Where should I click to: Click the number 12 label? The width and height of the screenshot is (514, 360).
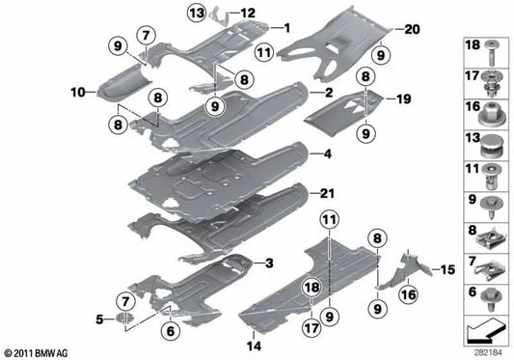249,13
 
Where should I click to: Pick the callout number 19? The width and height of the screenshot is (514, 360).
405,97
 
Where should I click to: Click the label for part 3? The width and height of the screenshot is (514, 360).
269,263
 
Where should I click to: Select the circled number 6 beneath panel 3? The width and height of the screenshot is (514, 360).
171,331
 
